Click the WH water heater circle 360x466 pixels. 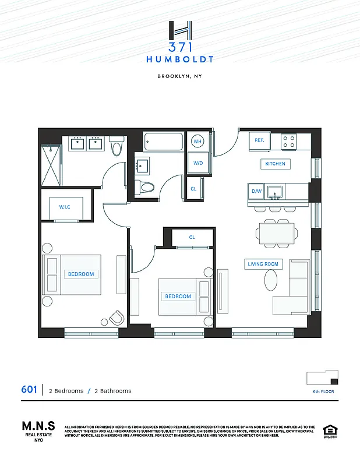click(197, 142)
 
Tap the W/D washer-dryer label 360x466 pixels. click(197, 163)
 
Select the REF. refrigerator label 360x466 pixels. click(259, 140)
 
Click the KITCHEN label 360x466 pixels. click(275, 164)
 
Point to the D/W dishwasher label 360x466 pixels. click(256, 191)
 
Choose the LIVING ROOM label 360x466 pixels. click(263, 264)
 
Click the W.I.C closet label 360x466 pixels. click(64, 207)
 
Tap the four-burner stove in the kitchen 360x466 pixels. click(288, 141)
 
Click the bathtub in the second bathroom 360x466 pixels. click(164, 142)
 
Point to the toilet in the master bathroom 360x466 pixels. click(117, 148)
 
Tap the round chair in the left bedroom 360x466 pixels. click(117, 317)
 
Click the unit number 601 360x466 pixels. click(29, 390)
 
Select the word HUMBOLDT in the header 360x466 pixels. click(179, 59)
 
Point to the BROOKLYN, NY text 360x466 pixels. click(179, 76)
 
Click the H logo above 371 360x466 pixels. click(179, 31)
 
